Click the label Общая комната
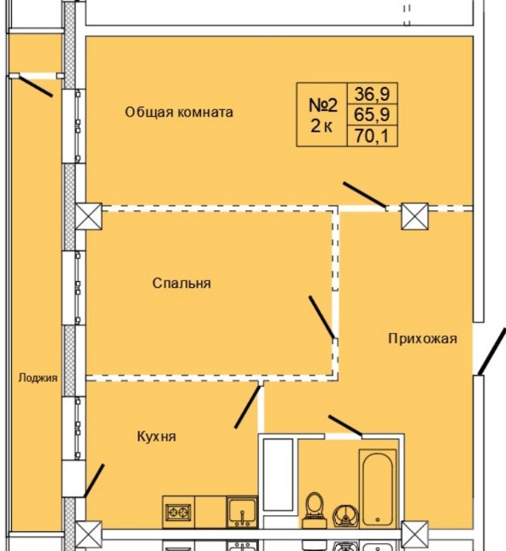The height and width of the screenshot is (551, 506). click(x=179, y=112)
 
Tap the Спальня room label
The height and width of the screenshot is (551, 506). click(x=181, y=283)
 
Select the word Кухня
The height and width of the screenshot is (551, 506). click(x=156, y=437)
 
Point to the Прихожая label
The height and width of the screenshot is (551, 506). click(x=422, y=338)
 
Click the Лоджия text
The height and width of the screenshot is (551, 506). click(x=38, y=378)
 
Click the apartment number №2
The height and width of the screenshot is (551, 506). click(x=322, y=106)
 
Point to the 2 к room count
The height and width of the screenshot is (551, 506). click(x=322, y=127)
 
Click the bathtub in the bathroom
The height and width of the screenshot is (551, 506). click(x=377, y=488)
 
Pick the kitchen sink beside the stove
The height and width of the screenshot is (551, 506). click(x=242, y=513)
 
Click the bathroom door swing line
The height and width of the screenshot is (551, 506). click(x=344, y=425)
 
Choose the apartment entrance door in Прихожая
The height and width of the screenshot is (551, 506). click(x=485, y=353)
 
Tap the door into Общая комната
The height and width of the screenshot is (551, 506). click(x=364, y=196)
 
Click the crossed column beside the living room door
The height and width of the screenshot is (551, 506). click(x=415, y=216)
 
